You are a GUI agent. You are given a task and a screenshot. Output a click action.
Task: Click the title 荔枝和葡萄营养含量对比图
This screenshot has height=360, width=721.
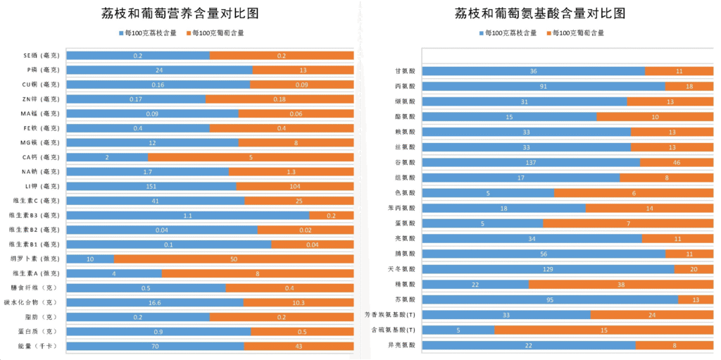[180, 14]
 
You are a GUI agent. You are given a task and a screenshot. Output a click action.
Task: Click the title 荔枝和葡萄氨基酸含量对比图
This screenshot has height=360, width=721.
[540, 14]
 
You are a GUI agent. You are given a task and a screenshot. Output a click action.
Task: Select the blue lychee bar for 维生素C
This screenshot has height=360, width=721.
[156, 201]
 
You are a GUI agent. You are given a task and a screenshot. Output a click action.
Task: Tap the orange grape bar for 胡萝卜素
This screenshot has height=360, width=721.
[234, 259]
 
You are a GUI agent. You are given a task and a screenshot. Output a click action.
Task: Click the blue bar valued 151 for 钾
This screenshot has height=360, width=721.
[151, 186]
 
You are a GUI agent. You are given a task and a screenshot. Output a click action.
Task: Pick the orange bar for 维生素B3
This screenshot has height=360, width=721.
[331, 215]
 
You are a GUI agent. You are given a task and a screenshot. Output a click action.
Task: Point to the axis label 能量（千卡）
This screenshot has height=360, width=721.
[39, 346]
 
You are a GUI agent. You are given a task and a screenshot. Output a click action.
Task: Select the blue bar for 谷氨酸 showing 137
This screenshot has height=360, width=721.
[531, 163]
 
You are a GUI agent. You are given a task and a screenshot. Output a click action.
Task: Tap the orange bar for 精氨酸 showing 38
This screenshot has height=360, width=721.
[620, 284]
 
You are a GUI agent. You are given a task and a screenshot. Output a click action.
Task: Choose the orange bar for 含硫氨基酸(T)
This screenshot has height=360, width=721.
[603, 330]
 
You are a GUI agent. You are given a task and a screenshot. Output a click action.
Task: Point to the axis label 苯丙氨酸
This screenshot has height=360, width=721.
[401, 208]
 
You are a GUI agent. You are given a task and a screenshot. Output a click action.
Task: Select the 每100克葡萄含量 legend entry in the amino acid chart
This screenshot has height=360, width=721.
[578, 33]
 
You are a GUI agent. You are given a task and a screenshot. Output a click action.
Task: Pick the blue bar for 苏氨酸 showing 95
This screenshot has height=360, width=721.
[550, 299]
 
